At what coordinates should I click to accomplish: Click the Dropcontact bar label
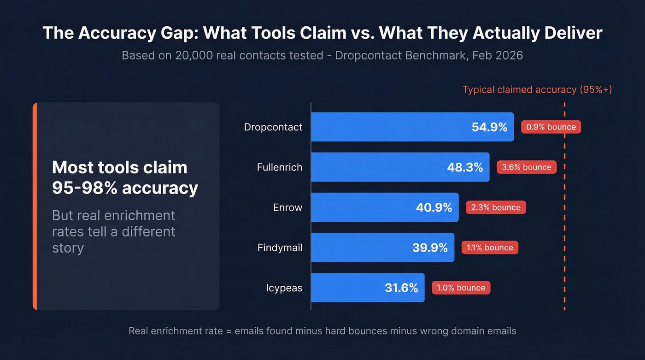click(x=273, y=127)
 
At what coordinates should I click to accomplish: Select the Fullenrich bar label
click(x=280, y=167)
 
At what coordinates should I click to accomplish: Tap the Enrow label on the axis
click(x=287, y=207)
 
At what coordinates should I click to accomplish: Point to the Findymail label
click(x=280, y=248)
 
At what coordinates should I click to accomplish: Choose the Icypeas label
click(x=284, y=288)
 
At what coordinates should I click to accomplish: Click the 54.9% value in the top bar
click(x=489, y=127)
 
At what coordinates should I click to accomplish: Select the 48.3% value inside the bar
click(x=465, y=167)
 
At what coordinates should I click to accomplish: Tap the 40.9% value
click(x=434, y=207)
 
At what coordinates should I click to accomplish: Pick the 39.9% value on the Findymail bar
click(x=430, y=248)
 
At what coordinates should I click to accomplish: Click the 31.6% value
click(x=401, y=288)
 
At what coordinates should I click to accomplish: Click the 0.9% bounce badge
click(x=551, y=127)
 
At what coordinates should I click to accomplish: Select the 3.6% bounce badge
click(x=527, y=167)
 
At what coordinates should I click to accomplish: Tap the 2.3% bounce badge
click(x=496, y=207)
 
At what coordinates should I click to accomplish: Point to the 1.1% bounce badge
click(x=490, y=248)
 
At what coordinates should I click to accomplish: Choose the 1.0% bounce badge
click(x=461, y=288)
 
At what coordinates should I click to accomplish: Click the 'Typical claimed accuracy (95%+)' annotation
click(x=537, y=89)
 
